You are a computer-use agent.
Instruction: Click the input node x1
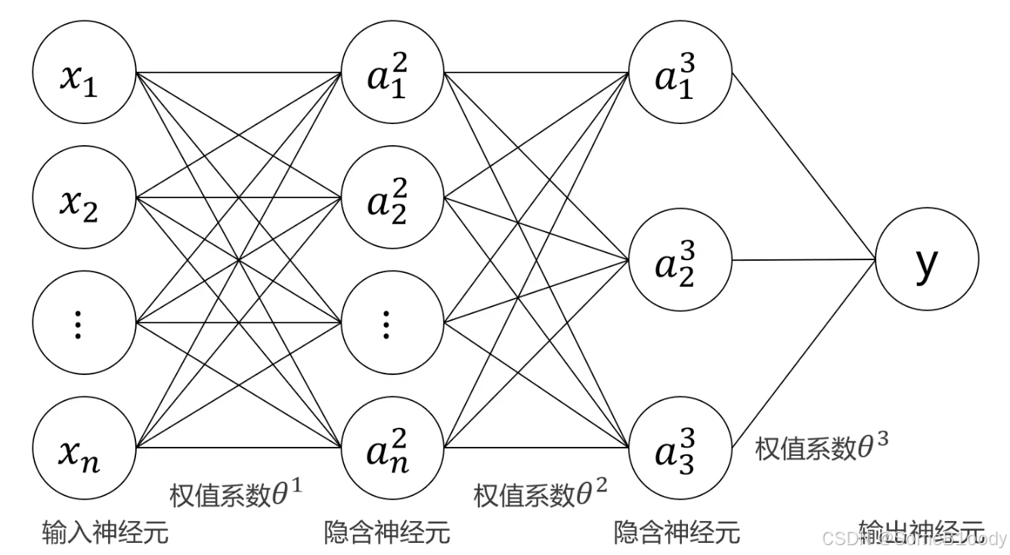(83, 76)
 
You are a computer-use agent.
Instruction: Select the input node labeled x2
(83, 200)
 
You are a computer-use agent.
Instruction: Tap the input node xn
(83, 448)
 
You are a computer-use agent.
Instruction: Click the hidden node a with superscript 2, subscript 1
(392, 76)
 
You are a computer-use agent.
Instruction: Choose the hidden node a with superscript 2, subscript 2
(392, 200)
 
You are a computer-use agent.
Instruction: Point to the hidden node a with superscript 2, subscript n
(392, 448)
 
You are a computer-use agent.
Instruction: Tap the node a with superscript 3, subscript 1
(680, 76)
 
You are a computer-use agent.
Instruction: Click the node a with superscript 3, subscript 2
(680, 262)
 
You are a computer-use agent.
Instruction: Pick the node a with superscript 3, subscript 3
(680, 448)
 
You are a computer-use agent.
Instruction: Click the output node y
(927, 260)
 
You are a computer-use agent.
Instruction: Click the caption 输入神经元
(105, 532)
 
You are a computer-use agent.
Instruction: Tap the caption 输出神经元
(921, 532)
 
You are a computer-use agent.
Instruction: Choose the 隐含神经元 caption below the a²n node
(387, 532)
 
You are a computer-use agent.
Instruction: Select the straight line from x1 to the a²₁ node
(237, 73)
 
